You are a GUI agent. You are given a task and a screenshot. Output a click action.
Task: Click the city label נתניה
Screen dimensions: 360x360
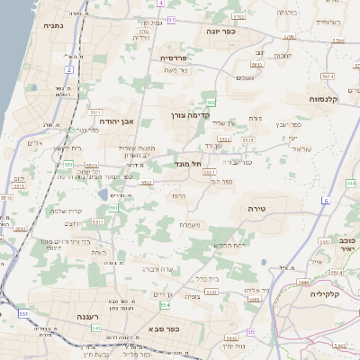coord(52,26)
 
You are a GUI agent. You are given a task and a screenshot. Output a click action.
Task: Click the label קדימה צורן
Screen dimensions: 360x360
coord(188,114)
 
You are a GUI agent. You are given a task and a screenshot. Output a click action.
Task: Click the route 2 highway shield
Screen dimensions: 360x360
coord(69,69)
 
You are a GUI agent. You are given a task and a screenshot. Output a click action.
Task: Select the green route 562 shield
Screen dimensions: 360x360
coord(210,104)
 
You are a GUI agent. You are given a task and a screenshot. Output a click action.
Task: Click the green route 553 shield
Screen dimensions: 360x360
coord(68,164)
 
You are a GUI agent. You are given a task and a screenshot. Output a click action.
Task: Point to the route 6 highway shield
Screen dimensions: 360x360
coord(325,200)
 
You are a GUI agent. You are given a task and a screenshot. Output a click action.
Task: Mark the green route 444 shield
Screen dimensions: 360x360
coord(351,183)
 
